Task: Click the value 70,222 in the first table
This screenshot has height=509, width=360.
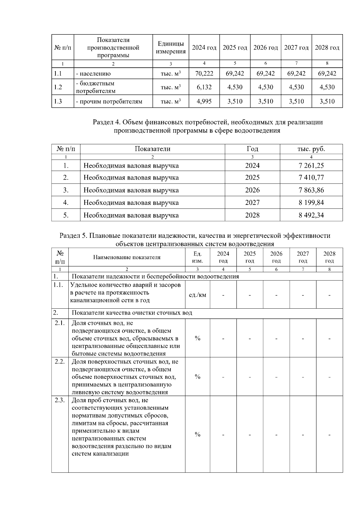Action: (x=204, y=73)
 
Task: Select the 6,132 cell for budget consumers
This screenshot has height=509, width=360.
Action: (x=204, y=87)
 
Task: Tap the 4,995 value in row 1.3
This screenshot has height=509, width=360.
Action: (x=204, y=101)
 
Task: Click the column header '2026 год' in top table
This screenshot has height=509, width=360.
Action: (x=265, y=48)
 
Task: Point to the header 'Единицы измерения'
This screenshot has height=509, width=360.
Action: (x=171, y=48)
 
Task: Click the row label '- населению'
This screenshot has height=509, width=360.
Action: (x=93, y=73)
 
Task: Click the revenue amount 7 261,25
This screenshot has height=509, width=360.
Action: (x=311, y=166)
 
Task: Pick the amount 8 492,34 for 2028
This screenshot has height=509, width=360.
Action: (x=311, y=215)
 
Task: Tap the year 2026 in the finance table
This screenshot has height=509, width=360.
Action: (x=252, y=190)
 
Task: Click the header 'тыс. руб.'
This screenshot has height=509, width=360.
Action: (x=311, y=149)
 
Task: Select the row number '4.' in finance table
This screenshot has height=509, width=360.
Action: (x=66, y=203)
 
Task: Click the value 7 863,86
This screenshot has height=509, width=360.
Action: (x=311, y=190)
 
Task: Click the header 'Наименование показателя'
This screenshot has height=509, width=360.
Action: (x=127, y=257)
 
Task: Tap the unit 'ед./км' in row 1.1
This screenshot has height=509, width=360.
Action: (x=197, y=295)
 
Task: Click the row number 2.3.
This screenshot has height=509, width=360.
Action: (x=60, y=400)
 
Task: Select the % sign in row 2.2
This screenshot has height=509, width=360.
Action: (x=197, y=377)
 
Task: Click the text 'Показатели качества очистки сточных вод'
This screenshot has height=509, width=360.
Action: (x=132, y=313)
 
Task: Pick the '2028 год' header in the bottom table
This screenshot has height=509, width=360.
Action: (x=329, y=257)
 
